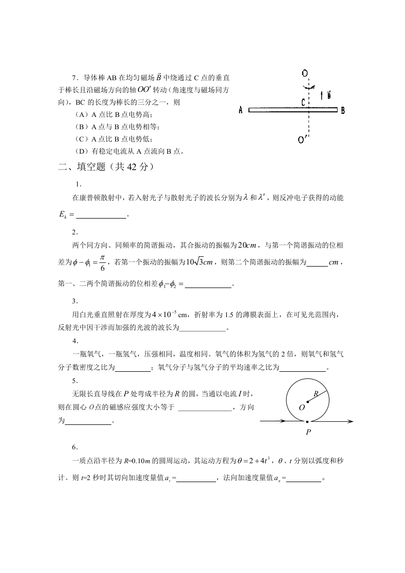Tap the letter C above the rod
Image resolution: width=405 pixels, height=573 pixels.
(x=303, y=102)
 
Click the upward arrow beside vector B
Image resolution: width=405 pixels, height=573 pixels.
(x=321, y=95)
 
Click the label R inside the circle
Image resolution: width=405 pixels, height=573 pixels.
(x=316, y=393)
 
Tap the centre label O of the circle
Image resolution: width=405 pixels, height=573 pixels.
(x=301, y=407)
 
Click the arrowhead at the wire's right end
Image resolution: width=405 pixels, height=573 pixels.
(x=350, y=421)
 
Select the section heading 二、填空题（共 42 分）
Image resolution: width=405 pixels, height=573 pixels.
(x=106, y=166)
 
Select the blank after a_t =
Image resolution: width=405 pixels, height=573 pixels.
(x=197, y=479)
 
